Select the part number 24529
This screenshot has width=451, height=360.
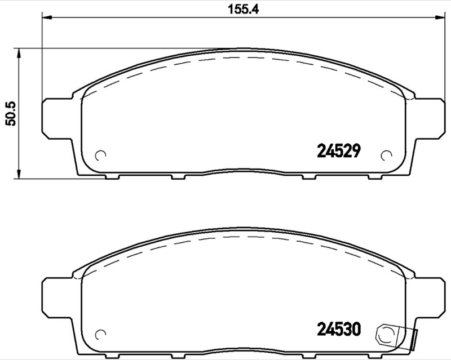pos(338,151)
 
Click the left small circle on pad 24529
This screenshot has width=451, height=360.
pos(101,155)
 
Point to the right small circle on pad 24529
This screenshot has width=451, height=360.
pos(387,155)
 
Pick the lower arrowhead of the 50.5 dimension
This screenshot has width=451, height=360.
pos(20,175)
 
